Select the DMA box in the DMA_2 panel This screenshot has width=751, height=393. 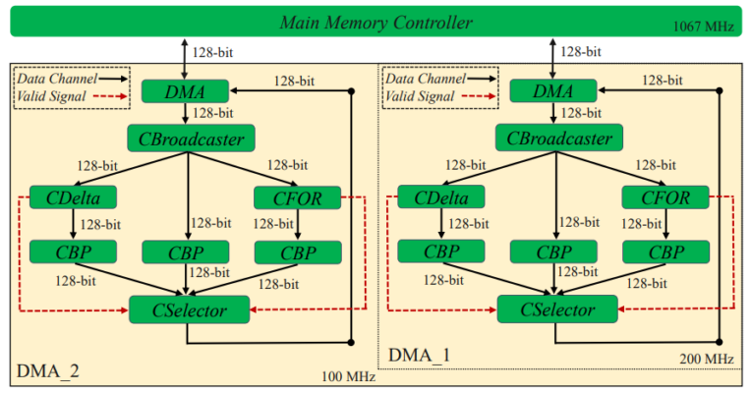tap(186, 90)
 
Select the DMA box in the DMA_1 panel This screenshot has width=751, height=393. tap(553, 90)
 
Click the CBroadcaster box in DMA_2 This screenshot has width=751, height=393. tap(191, 137)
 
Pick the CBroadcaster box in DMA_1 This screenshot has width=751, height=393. tap(559, 137)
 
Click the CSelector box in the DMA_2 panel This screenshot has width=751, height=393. tap(190, 310)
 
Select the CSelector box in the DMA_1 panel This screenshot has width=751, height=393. tap(557, 310)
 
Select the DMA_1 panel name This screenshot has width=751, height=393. tap(420, 354)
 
